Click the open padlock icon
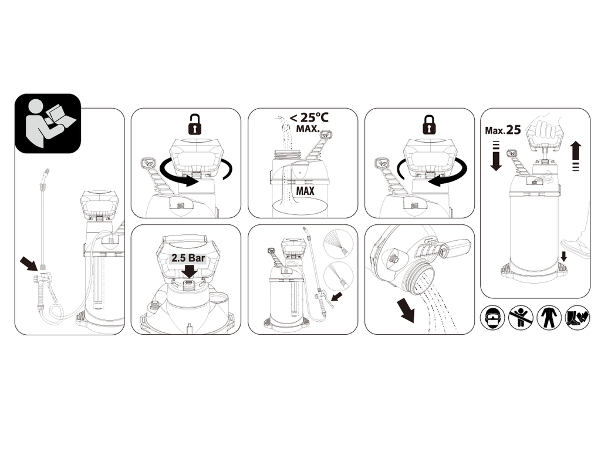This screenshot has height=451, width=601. [195, 124]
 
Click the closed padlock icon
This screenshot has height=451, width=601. [429, 124]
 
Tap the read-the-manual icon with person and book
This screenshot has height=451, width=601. [48, 123]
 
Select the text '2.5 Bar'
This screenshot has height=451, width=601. [188, 258]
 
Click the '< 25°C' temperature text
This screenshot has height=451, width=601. [309, 117]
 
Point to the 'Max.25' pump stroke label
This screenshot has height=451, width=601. [502, 130]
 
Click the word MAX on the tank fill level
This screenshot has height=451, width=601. [305, 191]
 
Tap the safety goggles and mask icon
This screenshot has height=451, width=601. [492, 318]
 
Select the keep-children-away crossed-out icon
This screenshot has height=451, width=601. [521, 318]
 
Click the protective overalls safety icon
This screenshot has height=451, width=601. [549, 318]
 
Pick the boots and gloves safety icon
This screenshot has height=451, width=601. [578, 318]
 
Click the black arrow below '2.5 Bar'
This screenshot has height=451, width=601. [190, 271]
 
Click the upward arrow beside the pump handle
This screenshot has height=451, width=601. [575, 156]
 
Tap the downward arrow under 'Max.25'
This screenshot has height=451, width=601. [496, 156]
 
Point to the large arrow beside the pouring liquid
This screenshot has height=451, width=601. [406, 310]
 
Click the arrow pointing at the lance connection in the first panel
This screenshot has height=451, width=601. [29, 264]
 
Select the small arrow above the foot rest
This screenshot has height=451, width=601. [563, 256]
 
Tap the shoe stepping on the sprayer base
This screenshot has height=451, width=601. [576, 247]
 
